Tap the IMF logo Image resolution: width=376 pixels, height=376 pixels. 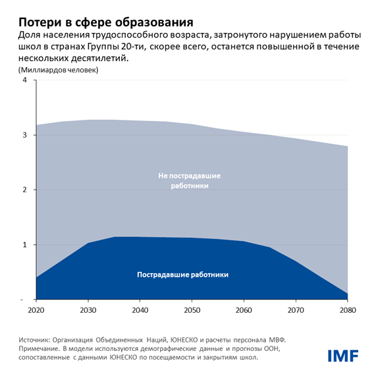343,356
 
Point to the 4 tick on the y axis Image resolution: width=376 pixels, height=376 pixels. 24,80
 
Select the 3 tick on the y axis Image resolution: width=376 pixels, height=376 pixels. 24,135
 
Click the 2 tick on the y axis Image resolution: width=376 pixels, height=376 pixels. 24,190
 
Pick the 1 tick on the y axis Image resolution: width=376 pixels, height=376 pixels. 24,245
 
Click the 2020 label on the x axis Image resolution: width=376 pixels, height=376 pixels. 38,309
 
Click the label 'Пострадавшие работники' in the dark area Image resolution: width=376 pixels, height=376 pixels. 186,274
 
